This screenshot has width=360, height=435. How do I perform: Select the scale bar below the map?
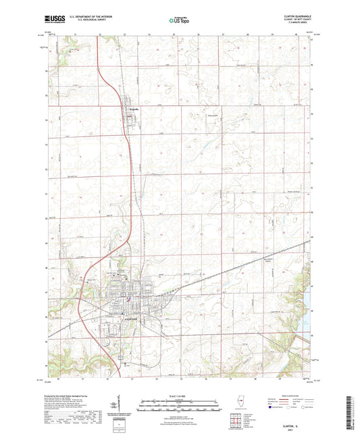click(x=180, y=404)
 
